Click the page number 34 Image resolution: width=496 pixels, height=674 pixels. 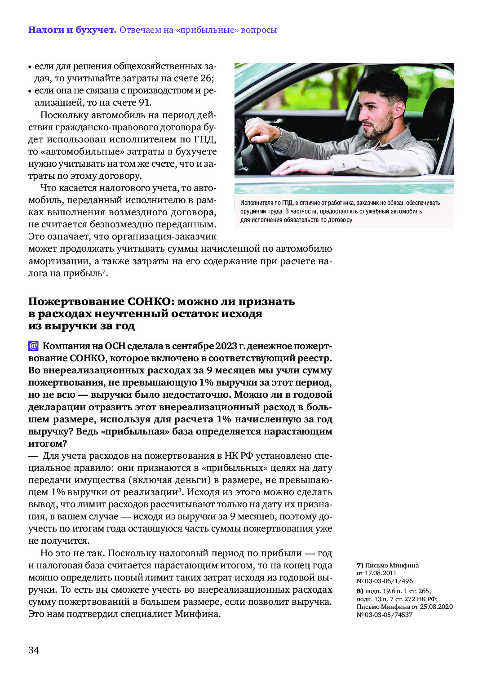[x=34, y=650]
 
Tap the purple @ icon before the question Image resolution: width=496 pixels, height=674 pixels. [x=33, y=346]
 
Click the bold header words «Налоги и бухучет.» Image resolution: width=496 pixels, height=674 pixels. [x=72, y=30]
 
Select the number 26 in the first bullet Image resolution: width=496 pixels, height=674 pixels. [x=206, y=78]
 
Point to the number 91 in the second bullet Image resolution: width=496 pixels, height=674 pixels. [x=145, y=102]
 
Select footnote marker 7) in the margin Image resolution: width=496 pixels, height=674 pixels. [x=360, y=565]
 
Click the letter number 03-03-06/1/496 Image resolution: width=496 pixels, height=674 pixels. [x=388, y=581]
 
